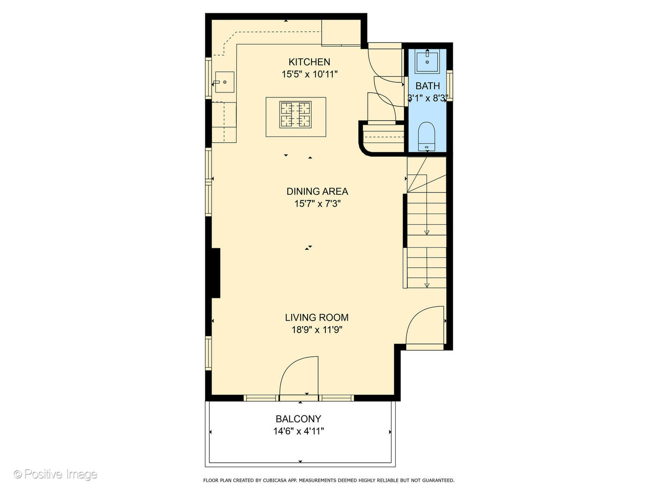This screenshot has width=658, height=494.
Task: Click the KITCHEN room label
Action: click(x=309, y=62)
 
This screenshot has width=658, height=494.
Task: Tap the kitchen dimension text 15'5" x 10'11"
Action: click(x=309, y=74)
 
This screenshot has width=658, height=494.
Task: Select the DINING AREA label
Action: click(x=317, y=191)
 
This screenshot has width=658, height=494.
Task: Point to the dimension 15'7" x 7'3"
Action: click(x=317, y=204)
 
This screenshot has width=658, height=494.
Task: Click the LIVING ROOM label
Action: click(x=317, y=317)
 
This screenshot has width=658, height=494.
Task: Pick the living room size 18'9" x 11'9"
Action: click(x=317, y=330)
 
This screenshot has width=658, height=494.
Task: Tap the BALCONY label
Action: click(x=298, y=419)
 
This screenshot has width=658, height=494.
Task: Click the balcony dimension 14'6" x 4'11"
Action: click(x=298, y=431)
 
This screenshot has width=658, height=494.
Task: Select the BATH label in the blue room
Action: click(x=428, y=86)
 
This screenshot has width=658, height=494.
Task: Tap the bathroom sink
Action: click(x=427, y=62)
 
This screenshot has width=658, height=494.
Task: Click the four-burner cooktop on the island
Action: click(x=296, y=115)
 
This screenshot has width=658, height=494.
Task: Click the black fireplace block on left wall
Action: click(x=215, y=273)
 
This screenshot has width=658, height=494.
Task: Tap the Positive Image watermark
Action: click(x=56, y=474)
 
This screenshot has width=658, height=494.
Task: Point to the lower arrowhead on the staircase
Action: click(x=427, y=285)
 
